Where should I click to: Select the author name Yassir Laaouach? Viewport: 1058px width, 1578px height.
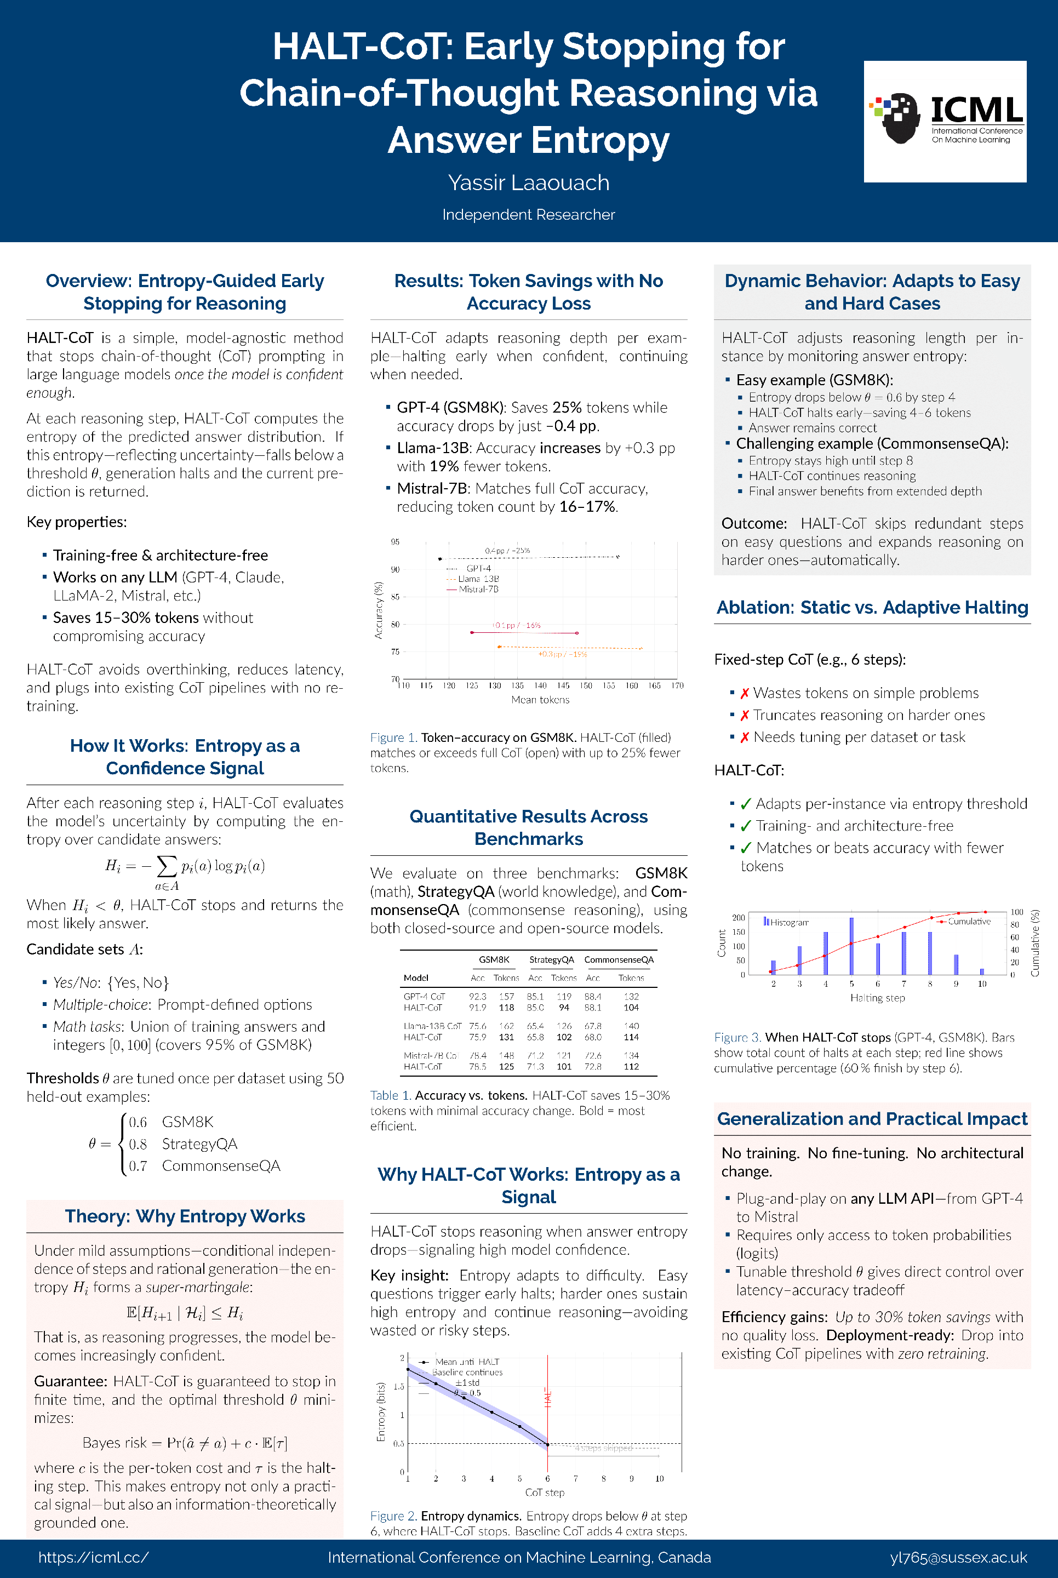[x=528, y=183]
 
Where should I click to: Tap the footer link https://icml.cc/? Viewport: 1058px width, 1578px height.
[x=93, y=1557]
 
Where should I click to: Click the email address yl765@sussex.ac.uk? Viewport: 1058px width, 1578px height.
[x=958, y=1557]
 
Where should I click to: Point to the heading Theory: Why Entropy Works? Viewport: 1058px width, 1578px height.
[x=185, y=1216]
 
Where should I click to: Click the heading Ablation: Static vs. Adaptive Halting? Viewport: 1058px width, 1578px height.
[x=872, y=608]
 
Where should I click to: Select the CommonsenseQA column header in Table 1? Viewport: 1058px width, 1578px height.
[x=619, y=959]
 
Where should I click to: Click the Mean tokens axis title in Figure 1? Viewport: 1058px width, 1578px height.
[x=540, y=700]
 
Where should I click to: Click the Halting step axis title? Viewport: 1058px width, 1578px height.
[x=877, y=998]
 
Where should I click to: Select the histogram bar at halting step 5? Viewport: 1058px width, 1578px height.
[x=851, y=946]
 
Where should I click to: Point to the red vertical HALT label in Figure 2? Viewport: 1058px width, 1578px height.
[x=548, y=1398]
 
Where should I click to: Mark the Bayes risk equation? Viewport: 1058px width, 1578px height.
[x=185, y=1443]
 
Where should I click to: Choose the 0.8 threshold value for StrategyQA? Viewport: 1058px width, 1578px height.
[x=138, y=1144]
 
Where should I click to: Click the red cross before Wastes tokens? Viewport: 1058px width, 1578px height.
[x=745, y=694]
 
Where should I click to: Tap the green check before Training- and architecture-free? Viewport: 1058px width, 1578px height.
[x=746, y=826]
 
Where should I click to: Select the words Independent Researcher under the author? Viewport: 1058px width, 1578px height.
[x=528, y=215]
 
